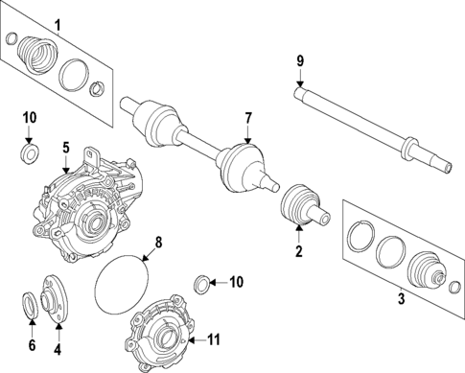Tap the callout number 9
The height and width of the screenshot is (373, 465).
pyautogui.click(x=300, y=61)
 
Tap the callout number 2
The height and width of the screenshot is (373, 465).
pyautogui.click(x=298, y=252)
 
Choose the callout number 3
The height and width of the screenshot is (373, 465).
pyautogui.click(x=401, y=298)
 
